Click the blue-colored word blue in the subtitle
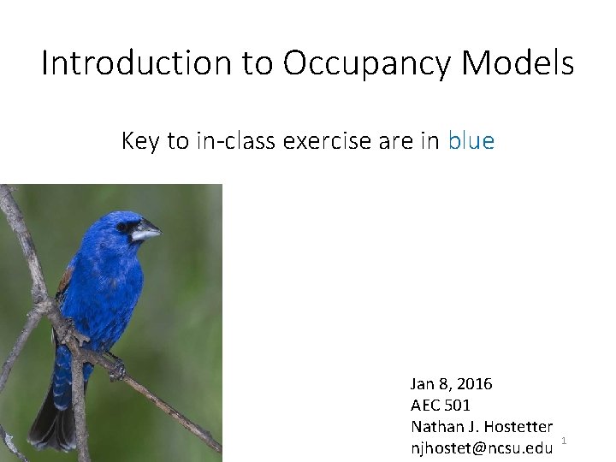[x=471, y=141]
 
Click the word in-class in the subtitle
[x=228, y=141]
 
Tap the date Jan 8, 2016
[x=451, y=384]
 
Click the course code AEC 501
[x=441, y=406]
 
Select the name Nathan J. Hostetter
[x=482, y=426]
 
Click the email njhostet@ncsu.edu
[x=481, y=447]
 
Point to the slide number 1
[x=565, y=441]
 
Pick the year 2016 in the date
[x=474, y=384]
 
